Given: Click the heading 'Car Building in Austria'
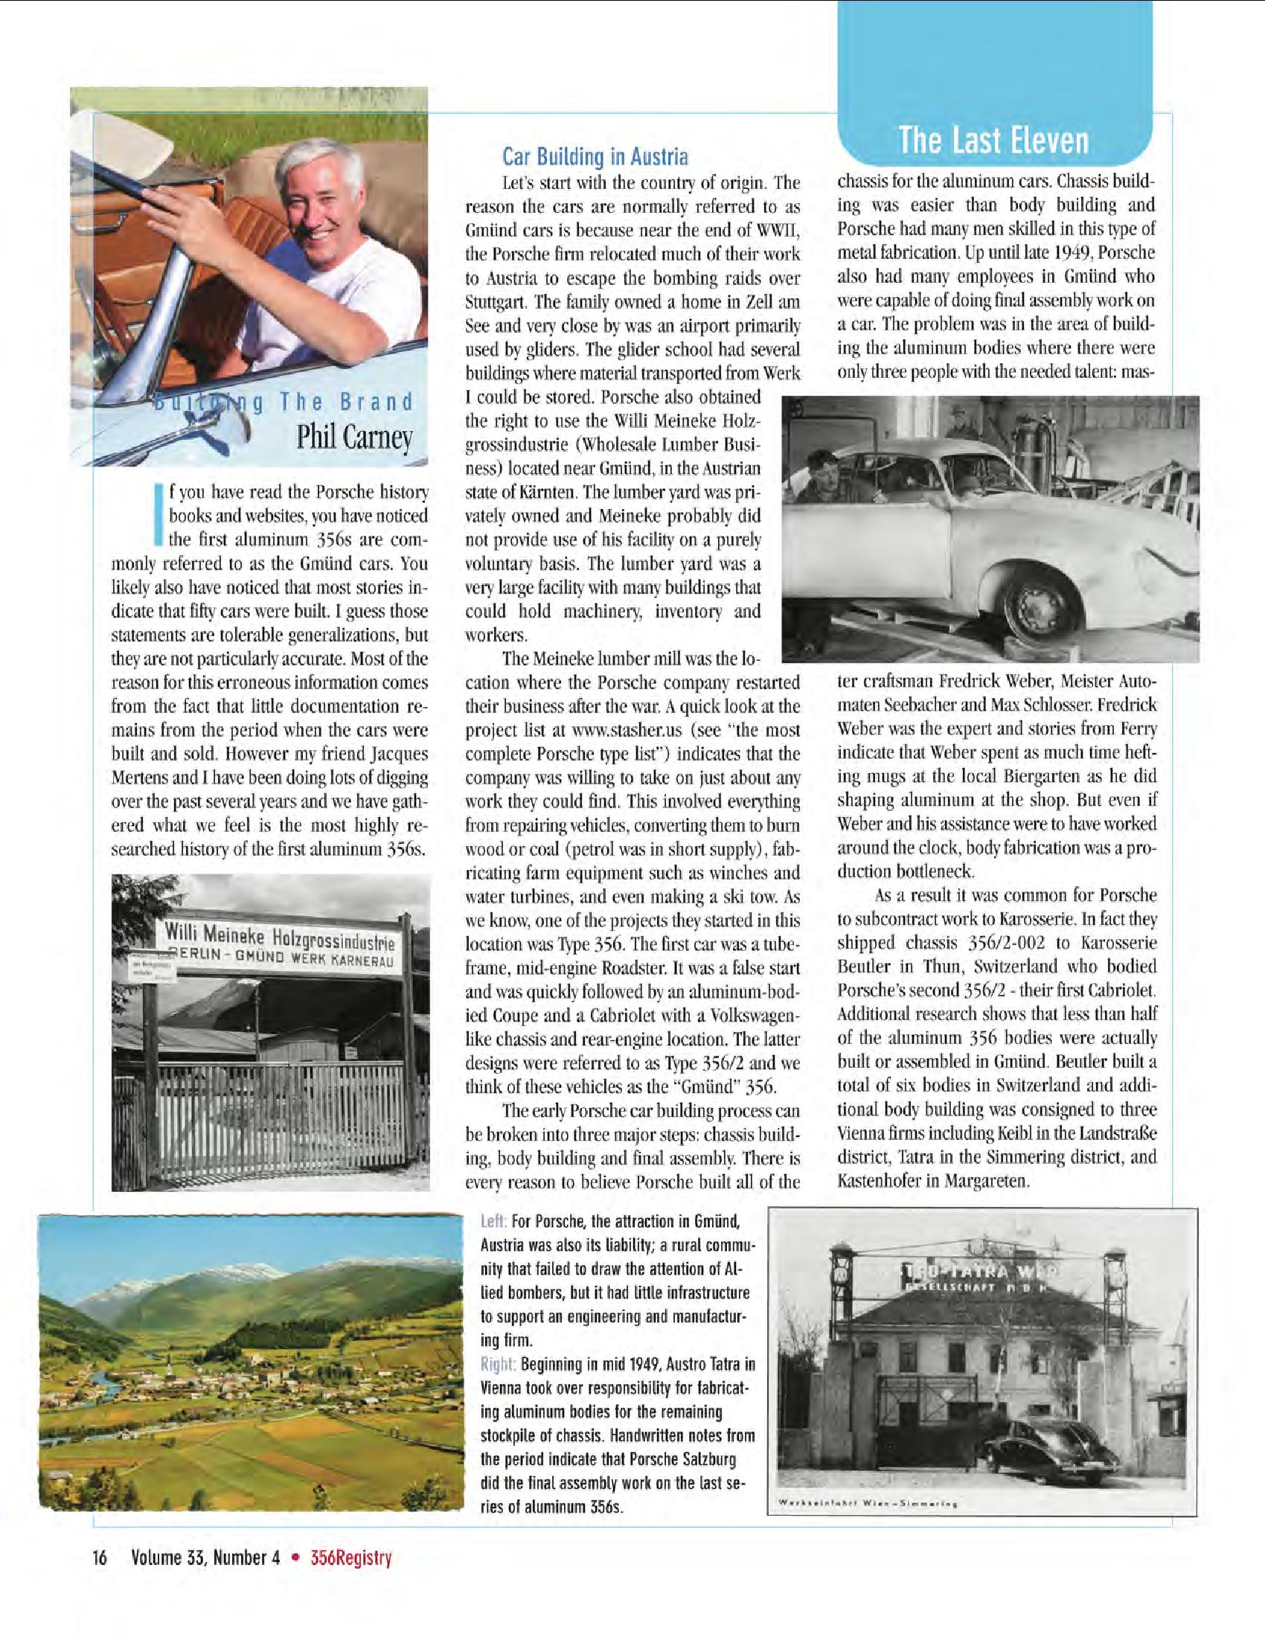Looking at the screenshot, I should pos(595,158).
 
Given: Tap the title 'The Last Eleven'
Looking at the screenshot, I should pos(993,140).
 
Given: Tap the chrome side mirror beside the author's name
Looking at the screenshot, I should pos(233,435).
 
